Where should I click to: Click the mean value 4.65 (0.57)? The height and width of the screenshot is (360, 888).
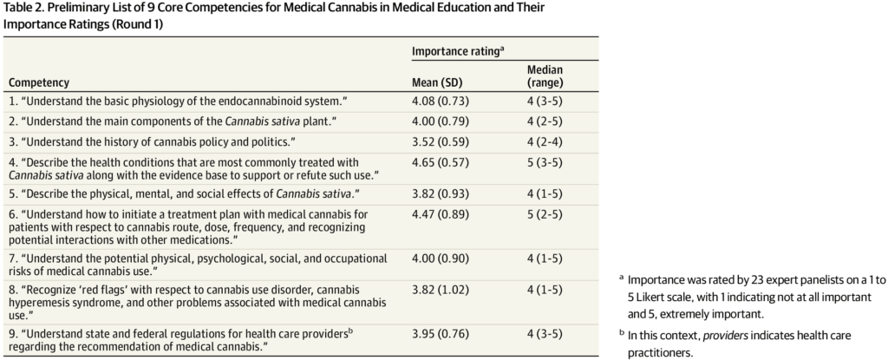pos(441,160)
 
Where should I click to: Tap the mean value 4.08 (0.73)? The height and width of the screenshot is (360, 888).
pos(441,101)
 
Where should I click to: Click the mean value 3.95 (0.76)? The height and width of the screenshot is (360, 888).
pos(441,332)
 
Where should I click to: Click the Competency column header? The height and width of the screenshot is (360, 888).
pos(39,82)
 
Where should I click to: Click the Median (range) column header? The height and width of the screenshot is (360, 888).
pos(545,76)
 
